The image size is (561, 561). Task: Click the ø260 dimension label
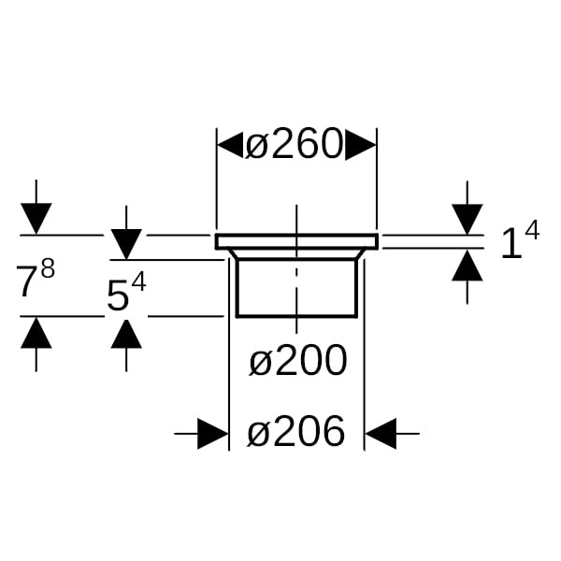pyautogui.click(x=295, y=145)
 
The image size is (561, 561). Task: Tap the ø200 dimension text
pyautogui.click(x=297, y=360)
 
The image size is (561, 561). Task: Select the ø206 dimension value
pyautogui.click(x=295, y=432)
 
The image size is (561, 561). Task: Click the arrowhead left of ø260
pyautogui.click(x=231, y=145)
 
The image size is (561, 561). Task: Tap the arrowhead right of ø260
pyautogui.click(x=361, y=145)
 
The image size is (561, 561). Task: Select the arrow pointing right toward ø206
pyautogui.click(x=213, y=433)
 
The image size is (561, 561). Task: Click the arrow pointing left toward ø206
pyautogui.click(x=381, y=433)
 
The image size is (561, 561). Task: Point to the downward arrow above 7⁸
pyautogui.click(x=36, y=219)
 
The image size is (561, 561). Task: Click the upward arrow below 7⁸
pyautogui.click(x=36, y=333)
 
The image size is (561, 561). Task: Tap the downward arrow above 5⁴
pyautogui.click(x=126, y=244)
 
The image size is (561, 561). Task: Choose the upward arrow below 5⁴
pyautogui.click(x=126, y=333)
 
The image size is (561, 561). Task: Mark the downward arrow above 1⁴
pyautogui.click(x=467, y=219)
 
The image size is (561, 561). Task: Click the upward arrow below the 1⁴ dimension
pyautogui.click(x=467, y=266)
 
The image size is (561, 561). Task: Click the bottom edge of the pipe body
pyautogui.click(x=295, y=316)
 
